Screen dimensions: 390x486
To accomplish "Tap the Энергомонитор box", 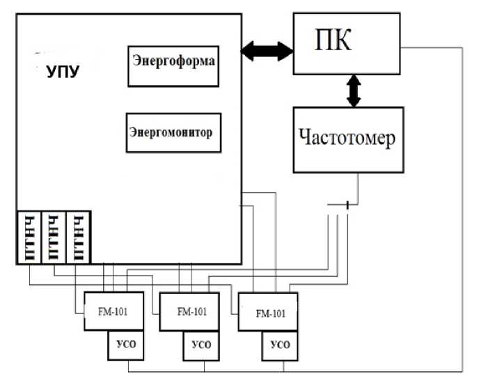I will (x=173, y=132).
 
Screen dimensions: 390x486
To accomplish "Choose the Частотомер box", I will (x=347, y=139).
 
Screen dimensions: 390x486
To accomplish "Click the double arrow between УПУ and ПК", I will (x=267, y=50).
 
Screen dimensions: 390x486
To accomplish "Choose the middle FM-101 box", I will (x=191, y=311).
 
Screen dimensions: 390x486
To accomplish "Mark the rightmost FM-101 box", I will (x=269, y=313).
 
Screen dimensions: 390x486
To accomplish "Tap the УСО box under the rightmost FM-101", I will (x=279, y=345).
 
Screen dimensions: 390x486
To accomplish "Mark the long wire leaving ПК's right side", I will (x=462, y=209).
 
